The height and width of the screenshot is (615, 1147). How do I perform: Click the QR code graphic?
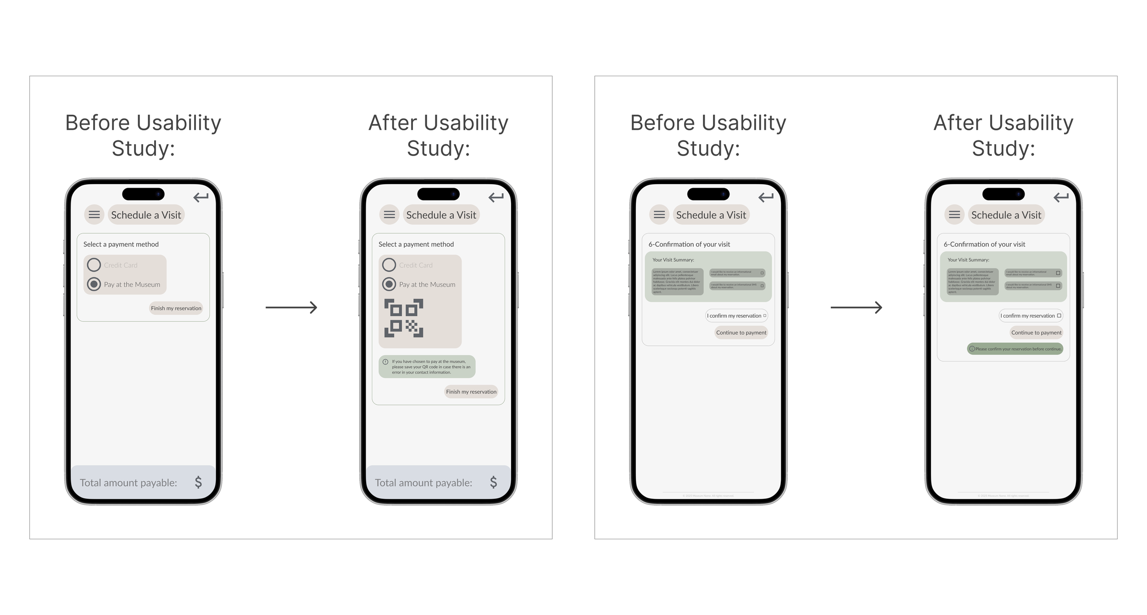404,318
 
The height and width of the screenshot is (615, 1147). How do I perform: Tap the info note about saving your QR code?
427,367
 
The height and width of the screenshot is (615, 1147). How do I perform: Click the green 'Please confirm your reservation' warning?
1015,349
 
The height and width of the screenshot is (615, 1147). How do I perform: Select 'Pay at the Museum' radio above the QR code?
389,285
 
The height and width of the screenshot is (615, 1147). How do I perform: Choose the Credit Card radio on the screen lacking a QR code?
94,265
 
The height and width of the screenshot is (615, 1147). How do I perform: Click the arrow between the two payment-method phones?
291,307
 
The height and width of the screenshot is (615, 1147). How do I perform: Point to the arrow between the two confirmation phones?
856,307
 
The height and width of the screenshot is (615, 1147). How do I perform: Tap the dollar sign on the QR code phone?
493,482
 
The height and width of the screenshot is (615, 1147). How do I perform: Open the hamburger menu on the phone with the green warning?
954,214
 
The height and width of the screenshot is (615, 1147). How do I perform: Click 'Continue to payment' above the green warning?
1036,333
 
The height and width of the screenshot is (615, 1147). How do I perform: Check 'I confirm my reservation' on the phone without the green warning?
765,316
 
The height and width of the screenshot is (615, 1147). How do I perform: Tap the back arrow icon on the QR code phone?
496,197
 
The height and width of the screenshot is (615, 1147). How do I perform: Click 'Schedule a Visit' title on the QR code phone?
441,215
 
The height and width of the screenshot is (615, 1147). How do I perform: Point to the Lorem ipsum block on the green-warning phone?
969,281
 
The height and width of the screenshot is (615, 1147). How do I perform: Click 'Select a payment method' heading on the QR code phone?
416,244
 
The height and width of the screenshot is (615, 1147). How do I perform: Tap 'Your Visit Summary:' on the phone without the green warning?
673,260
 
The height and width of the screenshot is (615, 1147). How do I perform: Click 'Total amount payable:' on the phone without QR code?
128,482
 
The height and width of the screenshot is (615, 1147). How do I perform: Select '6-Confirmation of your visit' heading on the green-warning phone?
984,244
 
